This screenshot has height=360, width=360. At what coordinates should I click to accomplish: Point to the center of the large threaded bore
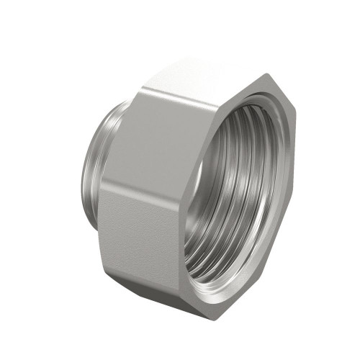[x=245, y=187]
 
